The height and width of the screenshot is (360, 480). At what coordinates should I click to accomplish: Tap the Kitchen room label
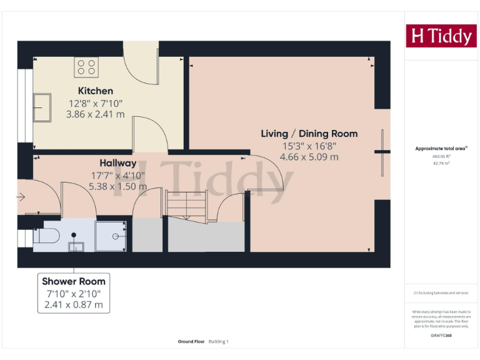point(95,91)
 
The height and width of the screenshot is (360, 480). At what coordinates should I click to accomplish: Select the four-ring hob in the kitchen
point(86,67)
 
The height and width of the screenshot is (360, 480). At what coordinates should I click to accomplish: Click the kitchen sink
point(42,108)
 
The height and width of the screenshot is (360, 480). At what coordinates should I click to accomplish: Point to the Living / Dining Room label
point(309,134)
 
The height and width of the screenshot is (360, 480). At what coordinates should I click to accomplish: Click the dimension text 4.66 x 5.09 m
point(309,157)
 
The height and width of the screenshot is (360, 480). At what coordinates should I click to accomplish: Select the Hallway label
point(117,163)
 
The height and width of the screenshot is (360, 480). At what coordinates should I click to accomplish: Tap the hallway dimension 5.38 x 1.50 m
point(117,186)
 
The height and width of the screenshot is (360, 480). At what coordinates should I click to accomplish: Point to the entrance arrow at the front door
point(21,197)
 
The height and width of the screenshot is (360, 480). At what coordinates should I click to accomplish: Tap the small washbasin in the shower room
point(76,245)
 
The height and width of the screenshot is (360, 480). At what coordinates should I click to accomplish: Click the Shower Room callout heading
point(74,281)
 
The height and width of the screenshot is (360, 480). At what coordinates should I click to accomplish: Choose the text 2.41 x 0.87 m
point(74,306)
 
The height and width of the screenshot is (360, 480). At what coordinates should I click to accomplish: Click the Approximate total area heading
point(441,149)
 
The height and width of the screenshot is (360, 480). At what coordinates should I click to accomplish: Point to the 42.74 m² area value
point(441,162)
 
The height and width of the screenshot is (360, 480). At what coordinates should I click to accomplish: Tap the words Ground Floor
point(190,342)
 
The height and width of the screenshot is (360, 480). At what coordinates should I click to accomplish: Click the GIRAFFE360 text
point(441,336)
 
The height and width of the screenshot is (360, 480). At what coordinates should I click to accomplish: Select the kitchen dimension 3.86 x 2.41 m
point(95,114)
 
